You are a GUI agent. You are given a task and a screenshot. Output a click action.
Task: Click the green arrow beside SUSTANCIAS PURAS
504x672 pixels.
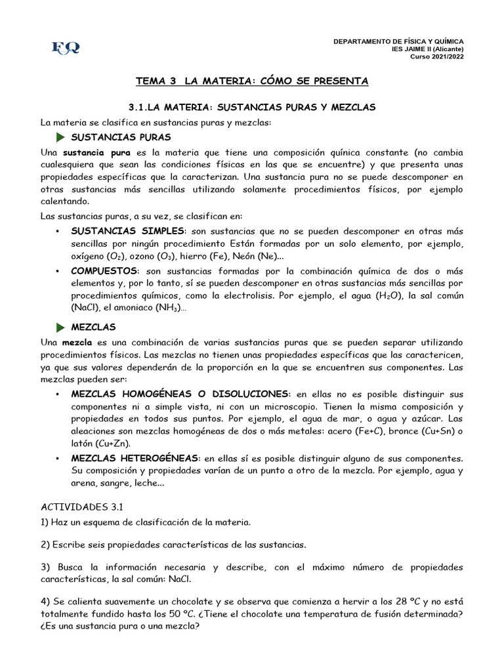(x=61, y=137)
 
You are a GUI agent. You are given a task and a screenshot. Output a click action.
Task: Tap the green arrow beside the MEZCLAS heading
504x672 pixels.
(x=61, y=327)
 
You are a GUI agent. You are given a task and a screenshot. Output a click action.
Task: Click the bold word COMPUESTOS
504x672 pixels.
(x=104, y=271)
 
